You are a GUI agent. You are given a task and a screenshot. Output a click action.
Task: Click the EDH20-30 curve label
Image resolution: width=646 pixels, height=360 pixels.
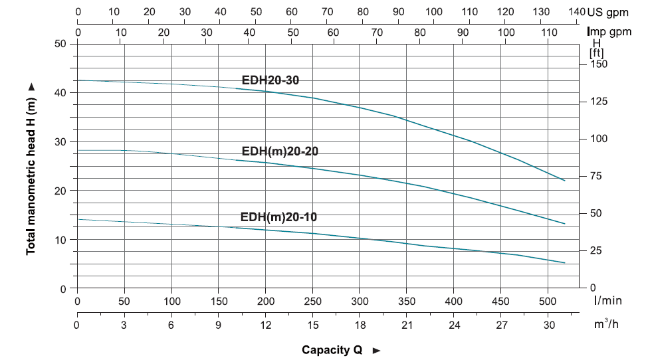point(270,80)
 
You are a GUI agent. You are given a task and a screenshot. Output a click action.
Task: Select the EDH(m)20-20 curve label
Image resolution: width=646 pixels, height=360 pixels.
point(279,151)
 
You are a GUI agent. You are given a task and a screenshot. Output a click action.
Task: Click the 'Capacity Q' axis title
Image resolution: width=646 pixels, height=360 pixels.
point(332,350)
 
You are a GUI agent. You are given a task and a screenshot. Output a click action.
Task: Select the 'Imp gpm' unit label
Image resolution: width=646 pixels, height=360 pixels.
point(609,31)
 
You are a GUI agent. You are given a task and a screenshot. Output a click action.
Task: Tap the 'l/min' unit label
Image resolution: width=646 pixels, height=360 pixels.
point(608,300)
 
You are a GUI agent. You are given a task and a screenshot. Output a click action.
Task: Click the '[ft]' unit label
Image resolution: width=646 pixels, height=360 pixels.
point(596,52)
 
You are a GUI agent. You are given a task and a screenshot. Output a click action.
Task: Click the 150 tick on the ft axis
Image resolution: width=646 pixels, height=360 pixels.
point(599,64)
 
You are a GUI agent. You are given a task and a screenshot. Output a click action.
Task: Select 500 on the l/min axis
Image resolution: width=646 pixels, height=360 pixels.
point(548,300)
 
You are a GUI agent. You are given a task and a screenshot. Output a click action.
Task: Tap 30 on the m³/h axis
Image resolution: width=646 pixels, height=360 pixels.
point(549,325)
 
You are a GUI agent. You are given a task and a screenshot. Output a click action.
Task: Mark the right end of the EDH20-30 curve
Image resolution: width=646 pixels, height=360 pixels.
point(565,181)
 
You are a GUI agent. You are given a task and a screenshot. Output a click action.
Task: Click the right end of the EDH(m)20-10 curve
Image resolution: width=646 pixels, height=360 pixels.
point(565,263)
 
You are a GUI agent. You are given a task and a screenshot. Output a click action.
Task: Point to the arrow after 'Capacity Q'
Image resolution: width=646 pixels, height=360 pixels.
point(377,350)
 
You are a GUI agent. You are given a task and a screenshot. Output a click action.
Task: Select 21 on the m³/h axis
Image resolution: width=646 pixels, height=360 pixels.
point(407,325)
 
